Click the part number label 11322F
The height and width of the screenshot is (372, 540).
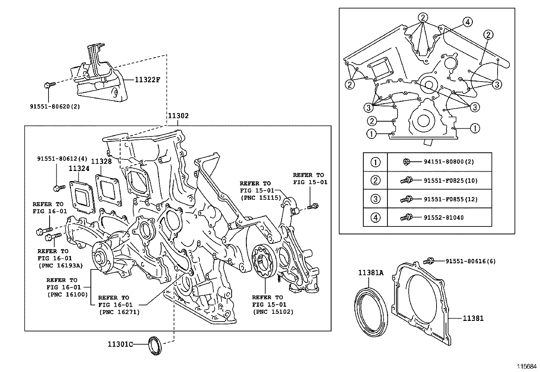147,80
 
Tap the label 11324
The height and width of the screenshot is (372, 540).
79,168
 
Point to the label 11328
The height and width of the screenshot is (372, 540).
101,161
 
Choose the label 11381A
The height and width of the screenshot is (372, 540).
371,272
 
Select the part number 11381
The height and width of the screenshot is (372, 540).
473,318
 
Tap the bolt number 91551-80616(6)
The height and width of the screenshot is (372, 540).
470,261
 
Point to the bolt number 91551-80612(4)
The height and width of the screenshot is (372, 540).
62,158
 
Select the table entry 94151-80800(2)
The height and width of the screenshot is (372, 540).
448,162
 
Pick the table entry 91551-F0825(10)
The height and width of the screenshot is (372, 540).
450,180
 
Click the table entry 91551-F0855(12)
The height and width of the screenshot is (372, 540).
450,199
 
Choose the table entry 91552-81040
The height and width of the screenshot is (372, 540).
443,218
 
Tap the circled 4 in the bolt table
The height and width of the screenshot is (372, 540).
375,217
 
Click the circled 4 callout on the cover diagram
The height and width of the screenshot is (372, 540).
467,22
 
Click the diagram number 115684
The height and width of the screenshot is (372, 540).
527,366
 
